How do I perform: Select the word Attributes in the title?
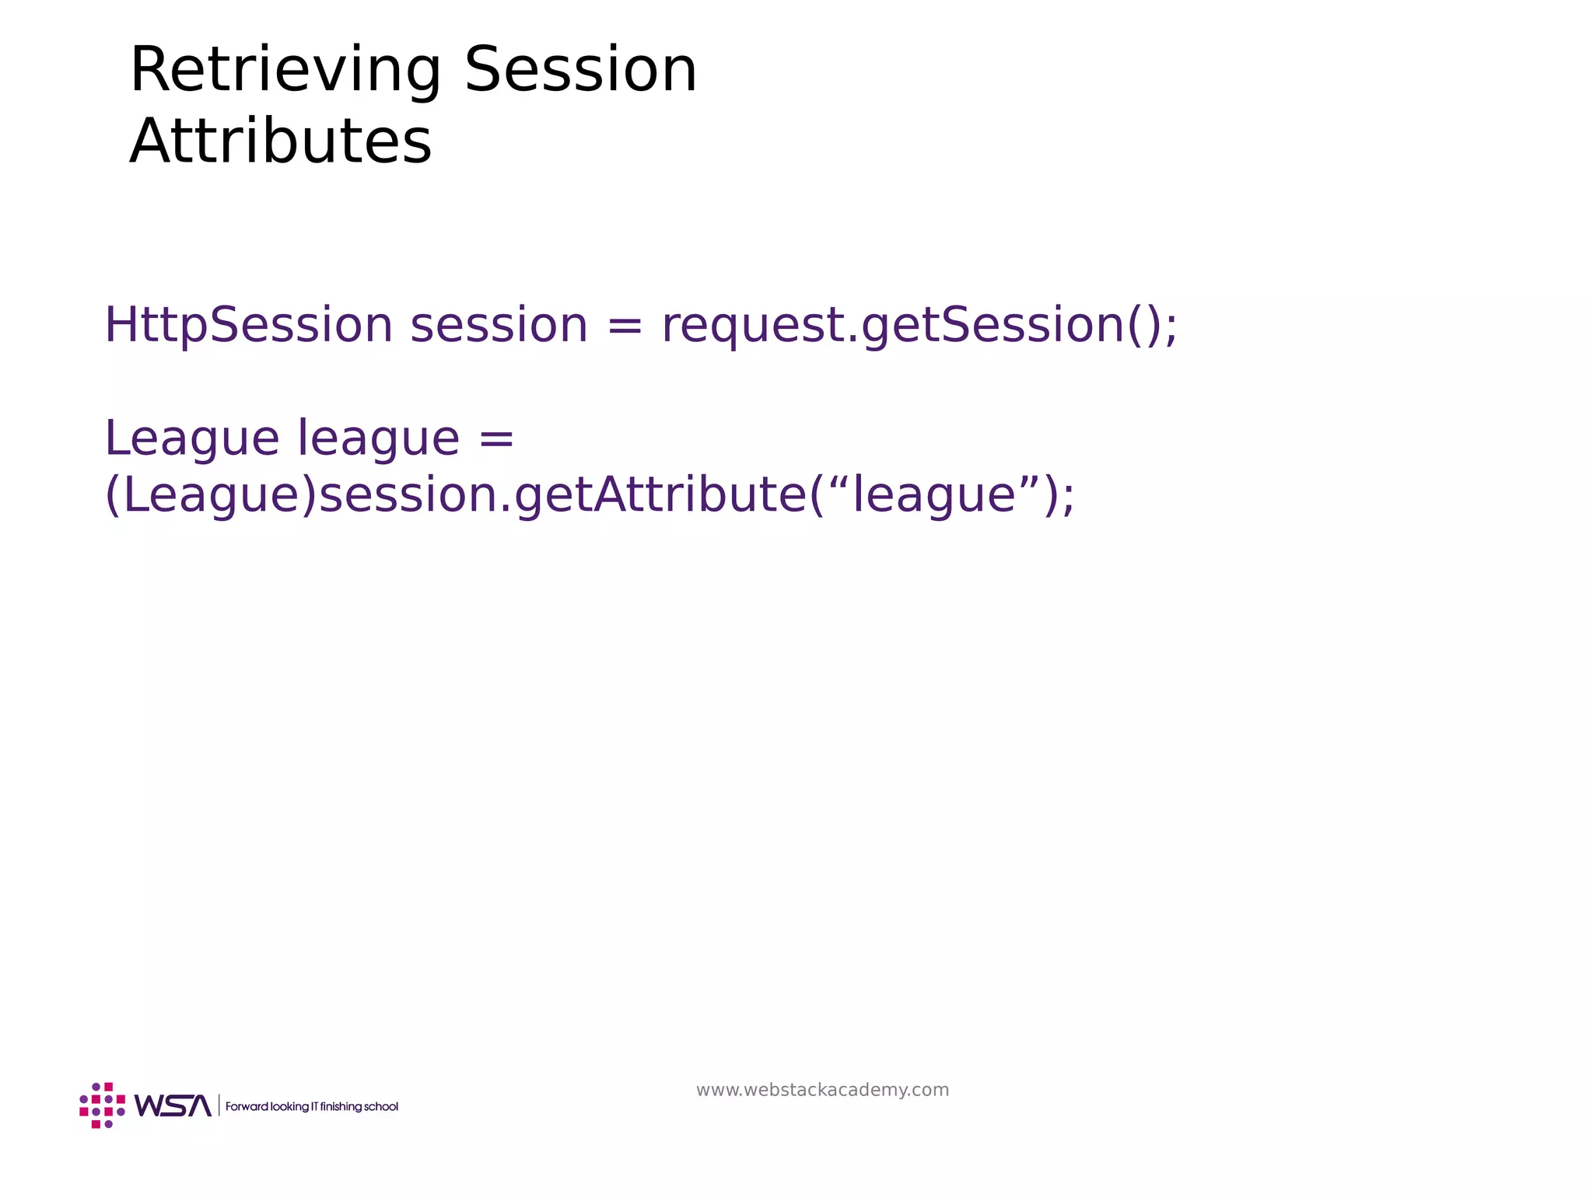280,141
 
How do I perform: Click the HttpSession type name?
248,325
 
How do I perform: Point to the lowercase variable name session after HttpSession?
499,325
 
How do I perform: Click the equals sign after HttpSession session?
625,326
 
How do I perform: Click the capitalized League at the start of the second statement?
191,438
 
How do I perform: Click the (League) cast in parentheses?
211,495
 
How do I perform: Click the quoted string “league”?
934,495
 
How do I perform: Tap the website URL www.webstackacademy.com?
822,1090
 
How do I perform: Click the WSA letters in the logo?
173,1105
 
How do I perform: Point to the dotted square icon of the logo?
102,1105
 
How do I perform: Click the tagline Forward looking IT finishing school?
311,1107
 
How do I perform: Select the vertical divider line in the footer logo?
219,1105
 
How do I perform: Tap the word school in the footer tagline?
381,1107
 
